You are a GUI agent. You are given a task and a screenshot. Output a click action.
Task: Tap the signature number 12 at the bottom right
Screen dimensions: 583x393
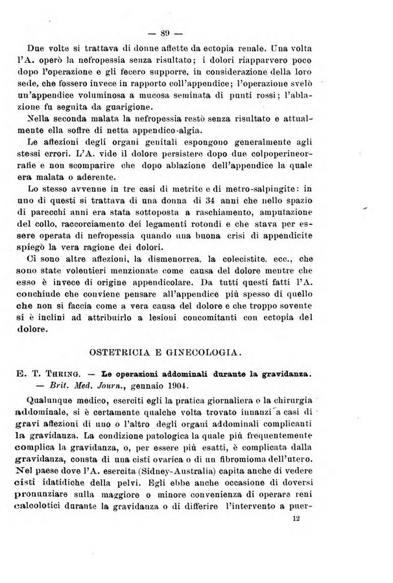point(298,536)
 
